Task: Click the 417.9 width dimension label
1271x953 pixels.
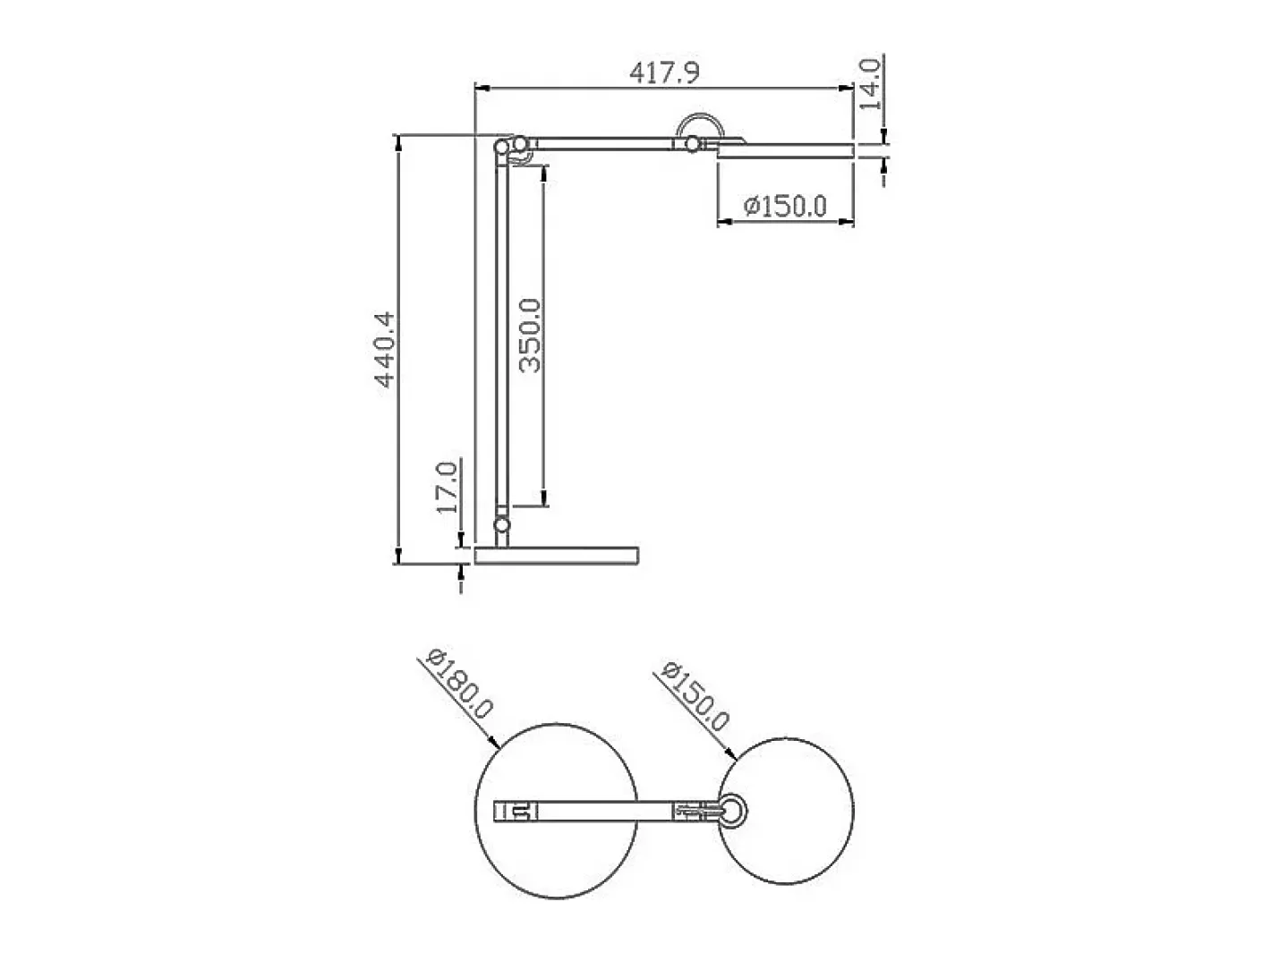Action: pos(664,72)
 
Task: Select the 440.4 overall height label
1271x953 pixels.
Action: pos(384,350)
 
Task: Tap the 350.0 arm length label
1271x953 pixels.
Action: pos(530,336)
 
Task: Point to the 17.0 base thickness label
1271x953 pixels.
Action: pos(447,488)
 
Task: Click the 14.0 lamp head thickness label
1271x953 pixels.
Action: pos(869,84)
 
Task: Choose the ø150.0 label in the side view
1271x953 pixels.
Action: pos(785,206)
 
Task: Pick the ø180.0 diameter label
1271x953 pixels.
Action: pos(459,684)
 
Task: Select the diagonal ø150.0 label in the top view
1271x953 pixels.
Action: pos(695,696)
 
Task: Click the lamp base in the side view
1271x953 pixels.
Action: pos(557,555)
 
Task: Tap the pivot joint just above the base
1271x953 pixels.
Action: pos(501,524)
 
